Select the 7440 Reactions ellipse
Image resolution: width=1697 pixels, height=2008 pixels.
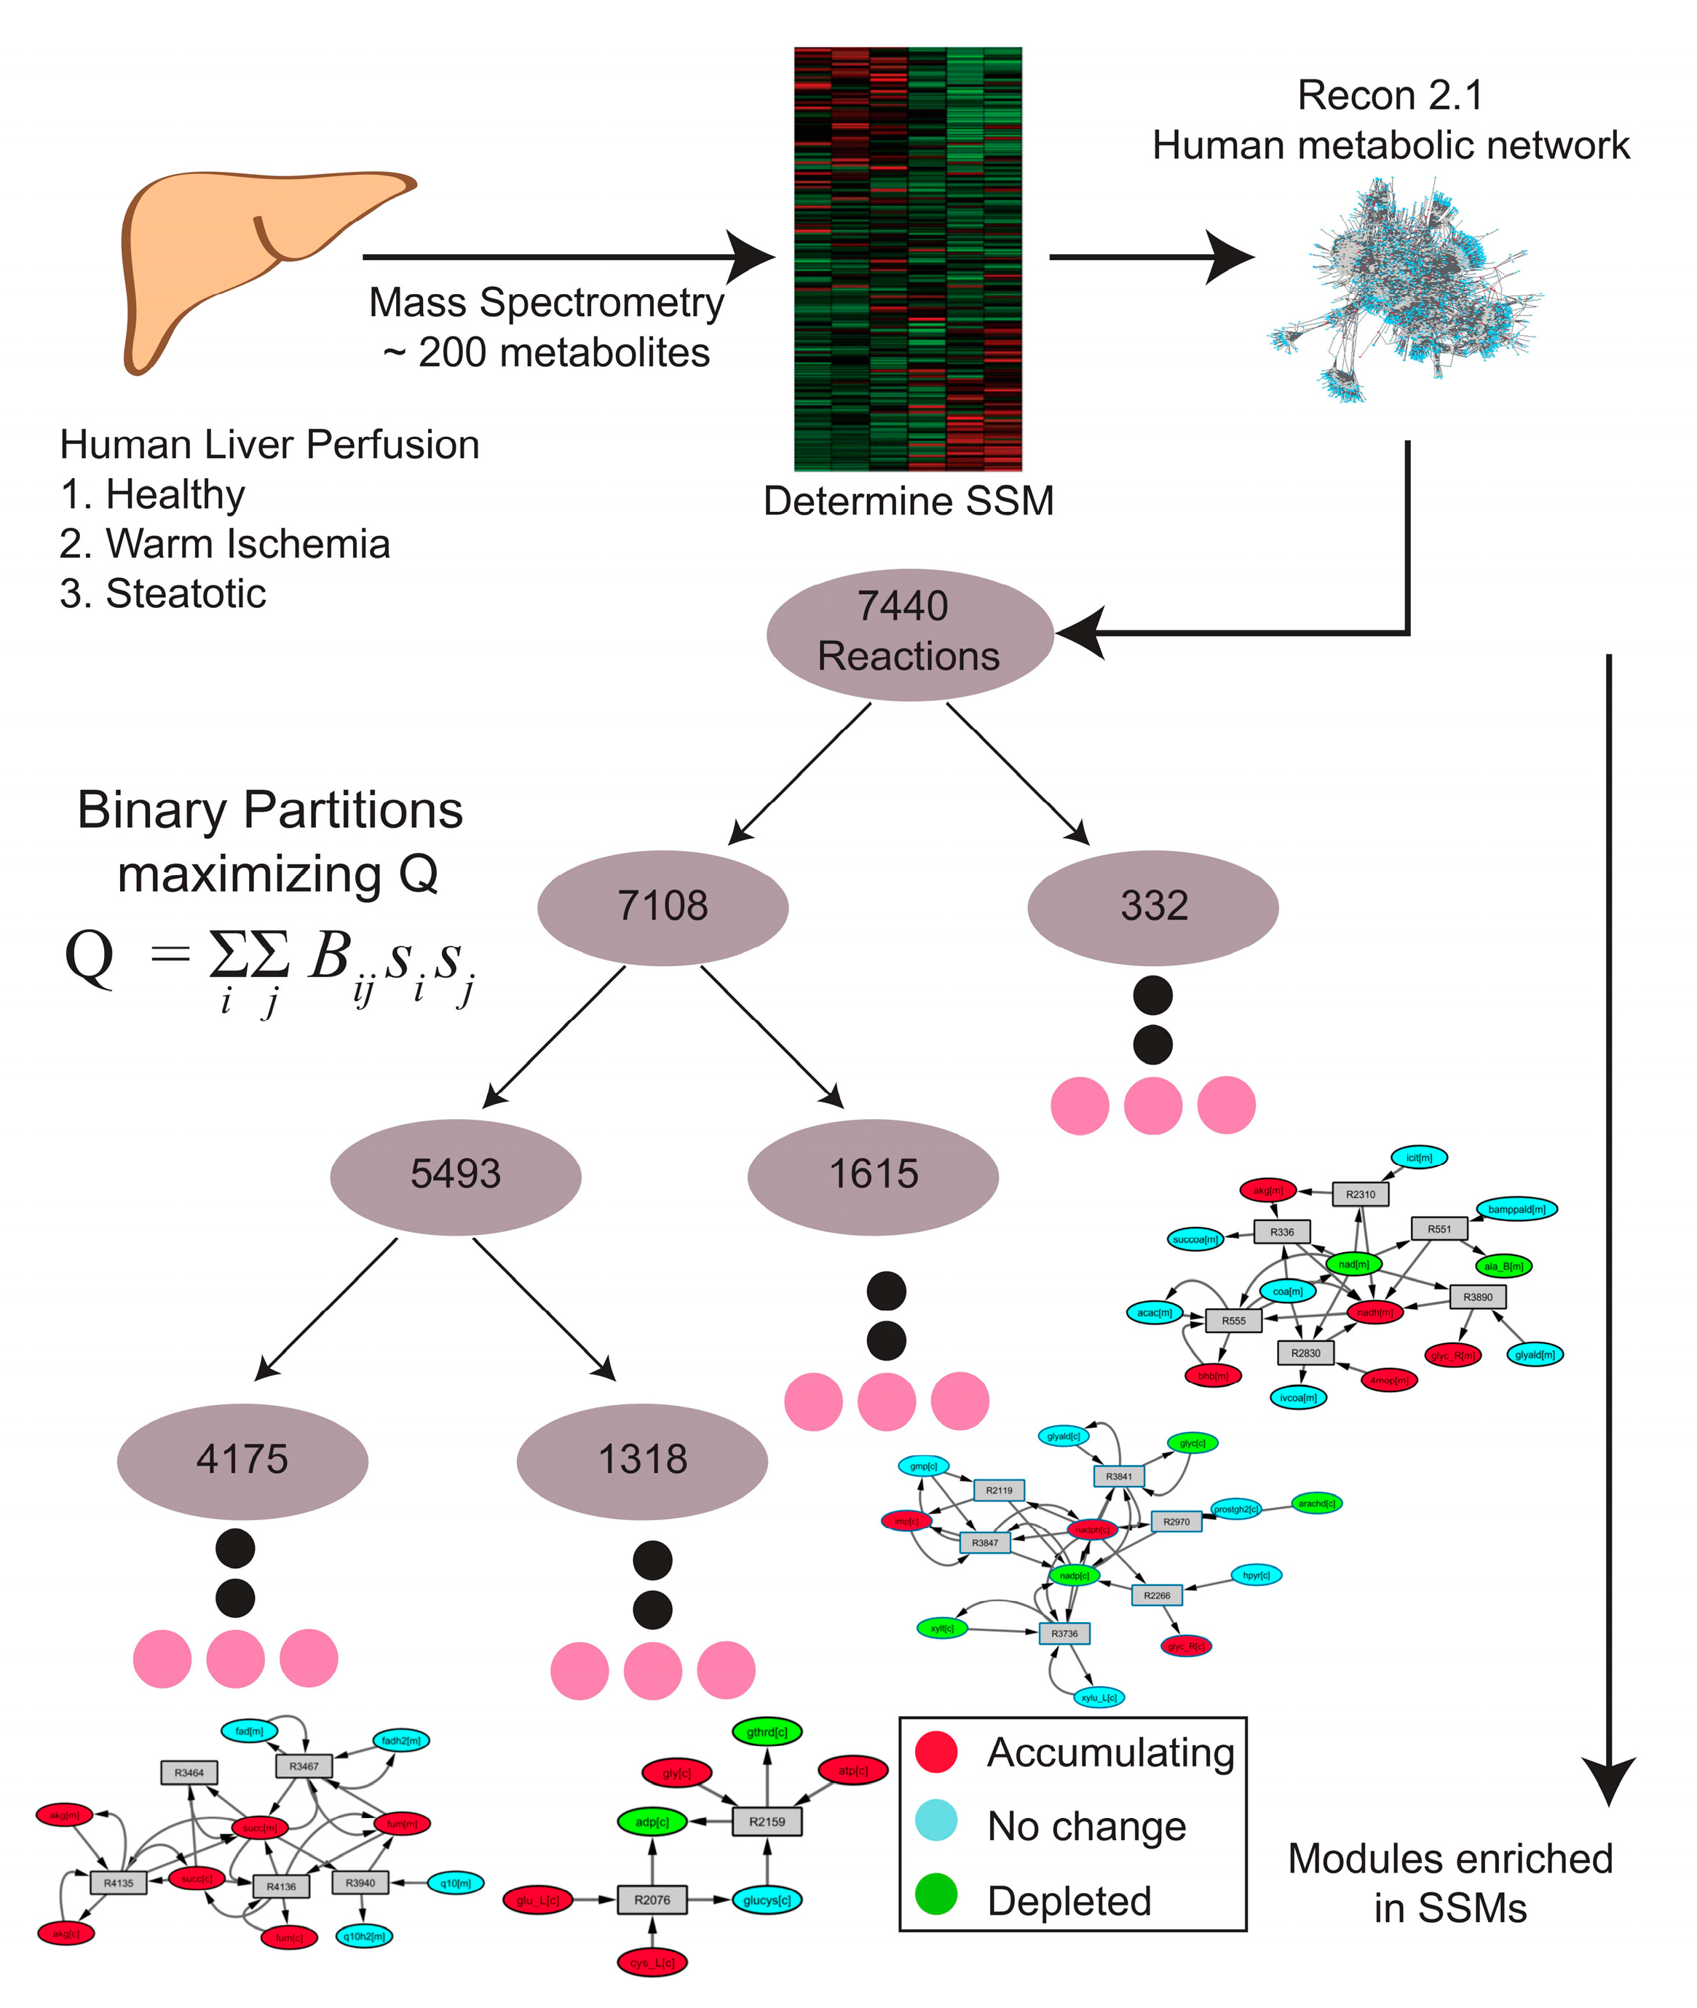tap(909, 634)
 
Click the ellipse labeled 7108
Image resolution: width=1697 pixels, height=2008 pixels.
tap(662, 906)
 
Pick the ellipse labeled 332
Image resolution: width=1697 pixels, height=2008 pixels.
tap(1152, 906)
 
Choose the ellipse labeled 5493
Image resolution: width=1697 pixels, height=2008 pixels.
tap(455, 1175)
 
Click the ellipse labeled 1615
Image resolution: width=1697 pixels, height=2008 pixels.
tap(873, 1175)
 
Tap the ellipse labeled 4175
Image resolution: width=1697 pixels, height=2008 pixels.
tap(242, 1460)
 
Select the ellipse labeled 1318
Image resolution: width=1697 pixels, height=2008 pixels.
tap(641, 1460)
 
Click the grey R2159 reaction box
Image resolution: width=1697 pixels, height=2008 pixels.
tap(767, 1822)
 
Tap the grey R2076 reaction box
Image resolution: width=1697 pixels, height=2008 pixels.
tap(652, 1900)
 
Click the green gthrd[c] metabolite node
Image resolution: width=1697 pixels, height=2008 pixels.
tap(767, 1732)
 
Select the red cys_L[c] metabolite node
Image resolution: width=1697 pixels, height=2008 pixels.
tap(652, 1962)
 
